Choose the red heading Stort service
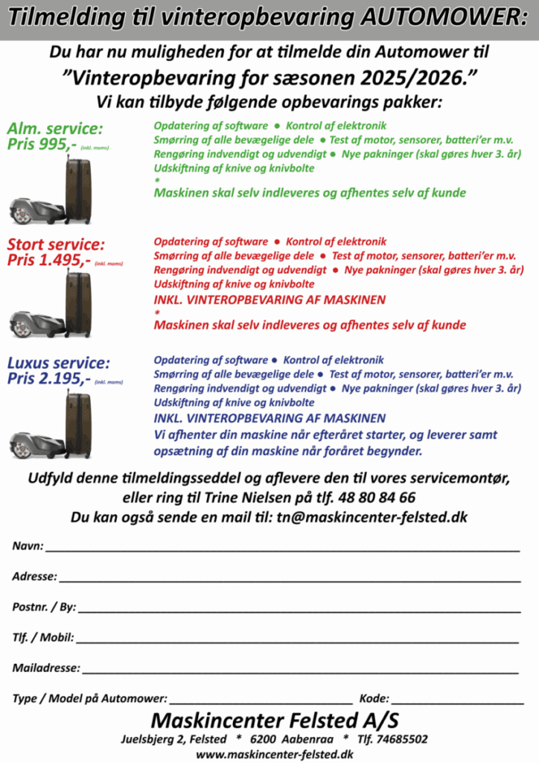(57, 244)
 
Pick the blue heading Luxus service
(59, 364)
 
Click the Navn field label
(28, 546)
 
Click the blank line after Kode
(457, 702)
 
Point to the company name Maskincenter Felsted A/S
(275, 721)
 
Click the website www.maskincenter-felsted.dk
(275, 754)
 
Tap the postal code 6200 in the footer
(264, 739)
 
